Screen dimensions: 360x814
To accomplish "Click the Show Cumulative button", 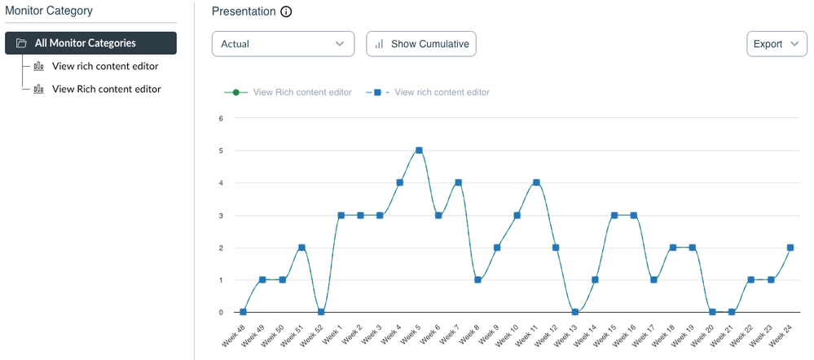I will pyautogui.click(x=421, y=44).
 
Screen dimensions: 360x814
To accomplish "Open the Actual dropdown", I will pyautogui.click(x=283, y=44).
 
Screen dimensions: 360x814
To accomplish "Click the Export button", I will pyautogui.click(x=777, y=44).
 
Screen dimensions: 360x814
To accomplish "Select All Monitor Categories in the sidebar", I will pyautogui.click(x=90, y=43).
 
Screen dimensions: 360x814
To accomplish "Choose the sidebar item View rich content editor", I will pyautogui.click(x=104, y=66).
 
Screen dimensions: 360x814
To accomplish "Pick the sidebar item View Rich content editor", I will pyautogui.click(x=106, y=89).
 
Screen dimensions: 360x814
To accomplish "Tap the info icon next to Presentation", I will pyautogui.click(x=286, y=12).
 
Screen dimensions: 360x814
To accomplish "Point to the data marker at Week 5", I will pyautogui.click(x=419, y=151).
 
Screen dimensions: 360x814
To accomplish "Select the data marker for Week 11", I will pyautogui.click(x=536, y=182).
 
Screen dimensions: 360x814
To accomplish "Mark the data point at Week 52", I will pyautogui.click(x=321, y=312).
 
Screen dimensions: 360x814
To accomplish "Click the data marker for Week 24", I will pyautogui.click(x=790, y=248).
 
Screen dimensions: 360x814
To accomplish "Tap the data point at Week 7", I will pyautogui.click(x=458, y=182).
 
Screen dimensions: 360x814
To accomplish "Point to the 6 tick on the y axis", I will pyautogui.click(x=220, y=119).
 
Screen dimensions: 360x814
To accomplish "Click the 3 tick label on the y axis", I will pyautogui.click(x=220, y=216).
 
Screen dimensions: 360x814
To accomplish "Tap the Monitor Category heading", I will pyautogui.click(x=49, y=11).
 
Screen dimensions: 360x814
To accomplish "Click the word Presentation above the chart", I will pyautogui.click(x=242, y=11).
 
